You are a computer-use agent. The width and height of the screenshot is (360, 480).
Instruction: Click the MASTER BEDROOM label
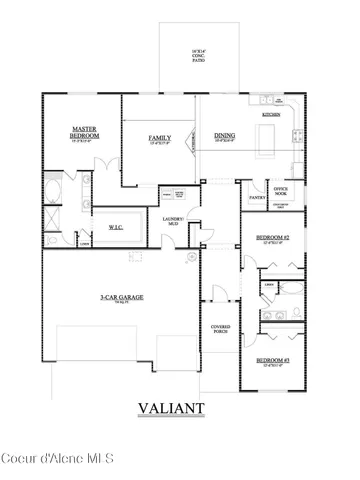[x=84, y=132]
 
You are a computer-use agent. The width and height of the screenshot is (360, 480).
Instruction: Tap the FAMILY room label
[x=159, y=137]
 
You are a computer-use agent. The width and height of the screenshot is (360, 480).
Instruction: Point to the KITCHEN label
[x=271, y=115]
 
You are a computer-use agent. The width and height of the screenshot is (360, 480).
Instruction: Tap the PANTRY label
[x=256, y=197]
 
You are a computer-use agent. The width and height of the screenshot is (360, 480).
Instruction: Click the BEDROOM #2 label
[x=272, y=238]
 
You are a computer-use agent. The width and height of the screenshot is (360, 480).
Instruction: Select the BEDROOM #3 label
[x=272, y=359]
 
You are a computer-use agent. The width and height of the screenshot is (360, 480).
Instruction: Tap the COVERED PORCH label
[x=220, y=330]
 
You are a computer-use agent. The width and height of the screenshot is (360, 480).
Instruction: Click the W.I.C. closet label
[x=115, y=226]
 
